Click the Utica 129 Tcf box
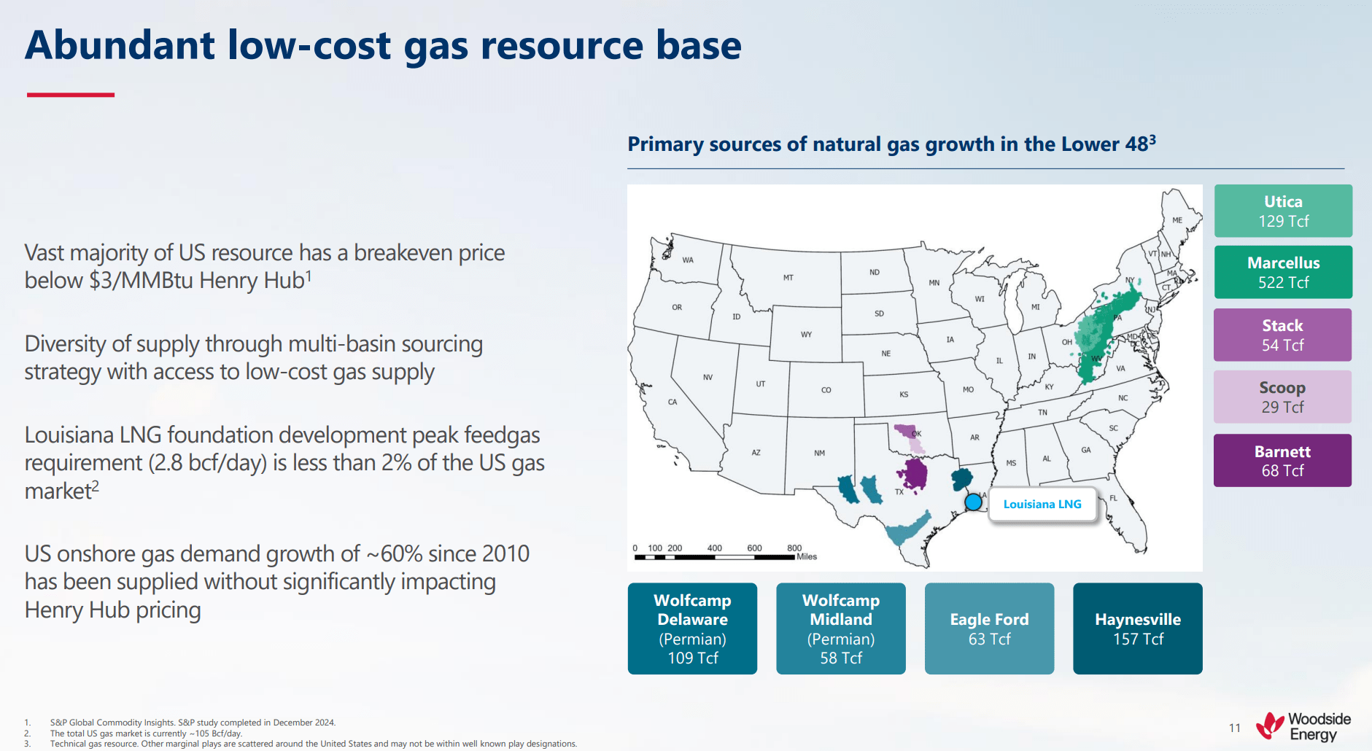(x=1283, y=211)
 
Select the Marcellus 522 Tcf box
(x=1283, y=272)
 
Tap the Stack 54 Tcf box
(x=1282, y=335)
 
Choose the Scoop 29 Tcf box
(x=1282, y=397)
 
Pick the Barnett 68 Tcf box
(x=1282, y=460)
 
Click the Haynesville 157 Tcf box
(x=1137, y=629)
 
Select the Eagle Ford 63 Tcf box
(x=989, y=629)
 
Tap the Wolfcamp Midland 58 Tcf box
(x=840, y=629)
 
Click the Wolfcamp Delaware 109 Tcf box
(x=692, y=629)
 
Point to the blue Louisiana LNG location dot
(x=973, y=502)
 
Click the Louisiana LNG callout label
(x=1042, y=504)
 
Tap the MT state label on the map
(x=788, y=278)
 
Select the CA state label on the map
(x=673, y=402)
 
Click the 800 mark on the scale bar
(x=794, y=548)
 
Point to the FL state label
(x=1113, y=498)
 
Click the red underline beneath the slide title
(x=71, y=95)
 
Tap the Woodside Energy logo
(x=1303, y=727)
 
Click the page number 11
(x=1234, y=728)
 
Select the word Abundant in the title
(x=120, y=45)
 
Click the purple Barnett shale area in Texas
(x=913, y=474)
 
